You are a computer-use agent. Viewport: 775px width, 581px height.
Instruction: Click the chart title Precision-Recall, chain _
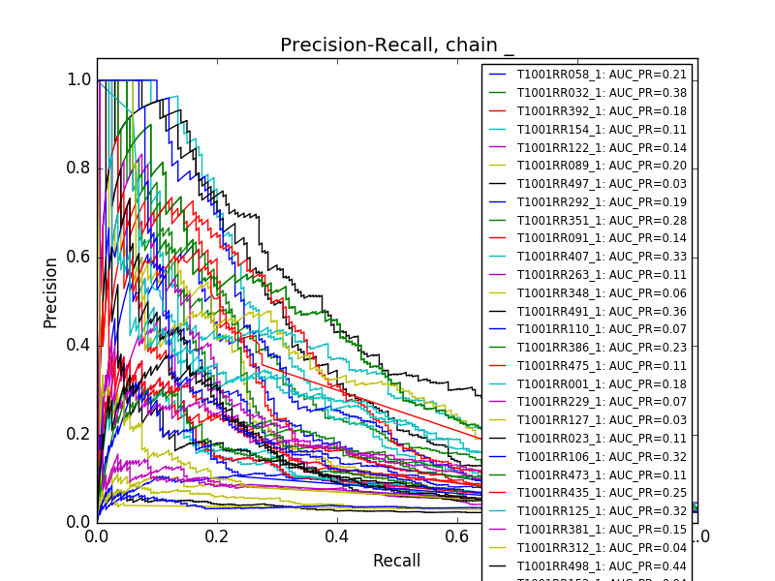pyautogui.click(x=396, y=46)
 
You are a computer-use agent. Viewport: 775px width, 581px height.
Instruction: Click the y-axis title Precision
pyautogui.click(x=50, y=291)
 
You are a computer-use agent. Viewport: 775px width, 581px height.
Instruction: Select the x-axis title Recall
pyautogui.click(x=396, y=561)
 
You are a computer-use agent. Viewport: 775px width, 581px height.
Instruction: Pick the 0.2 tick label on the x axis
pyautogui.click(x=216, y=535)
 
